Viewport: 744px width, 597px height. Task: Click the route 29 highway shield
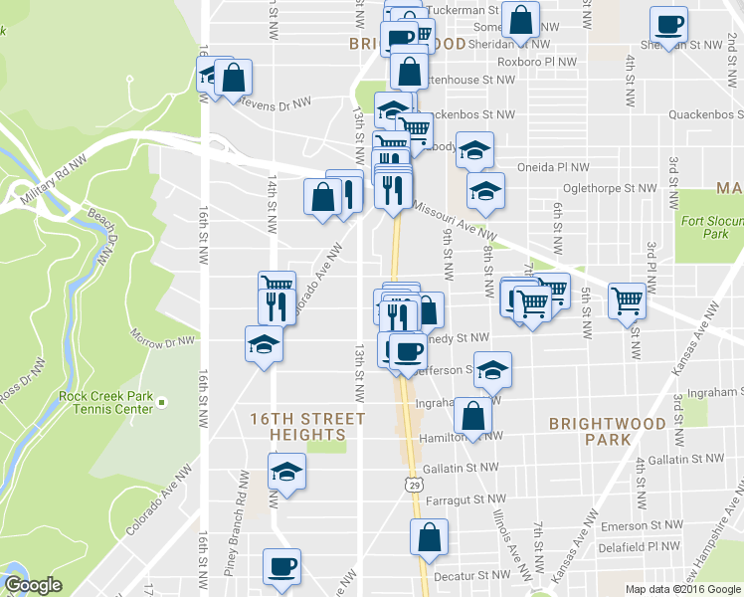pyautogui.click(x=412, y=483)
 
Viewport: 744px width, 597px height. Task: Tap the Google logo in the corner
pyautogui.click(x=33, y=585)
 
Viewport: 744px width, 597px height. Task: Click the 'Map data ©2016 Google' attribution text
pyautogui.click(x=682, y=589)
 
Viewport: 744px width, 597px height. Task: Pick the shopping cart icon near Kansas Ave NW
pyautogui.click(x=628, y=298)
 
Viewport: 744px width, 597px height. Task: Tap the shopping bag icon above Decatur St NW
pyautogui.click(x=429, y=536)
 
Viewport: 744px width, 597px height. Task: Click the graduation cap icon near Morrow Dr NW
pyautogui.click(x=265, y=344)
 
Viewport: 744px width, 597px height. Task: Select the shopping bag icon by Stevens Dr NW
pyautogui.click(x=233, y=77)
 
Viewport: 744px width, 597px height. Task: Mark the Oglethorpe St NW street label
pyautogui.click(x=611, y=187)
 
